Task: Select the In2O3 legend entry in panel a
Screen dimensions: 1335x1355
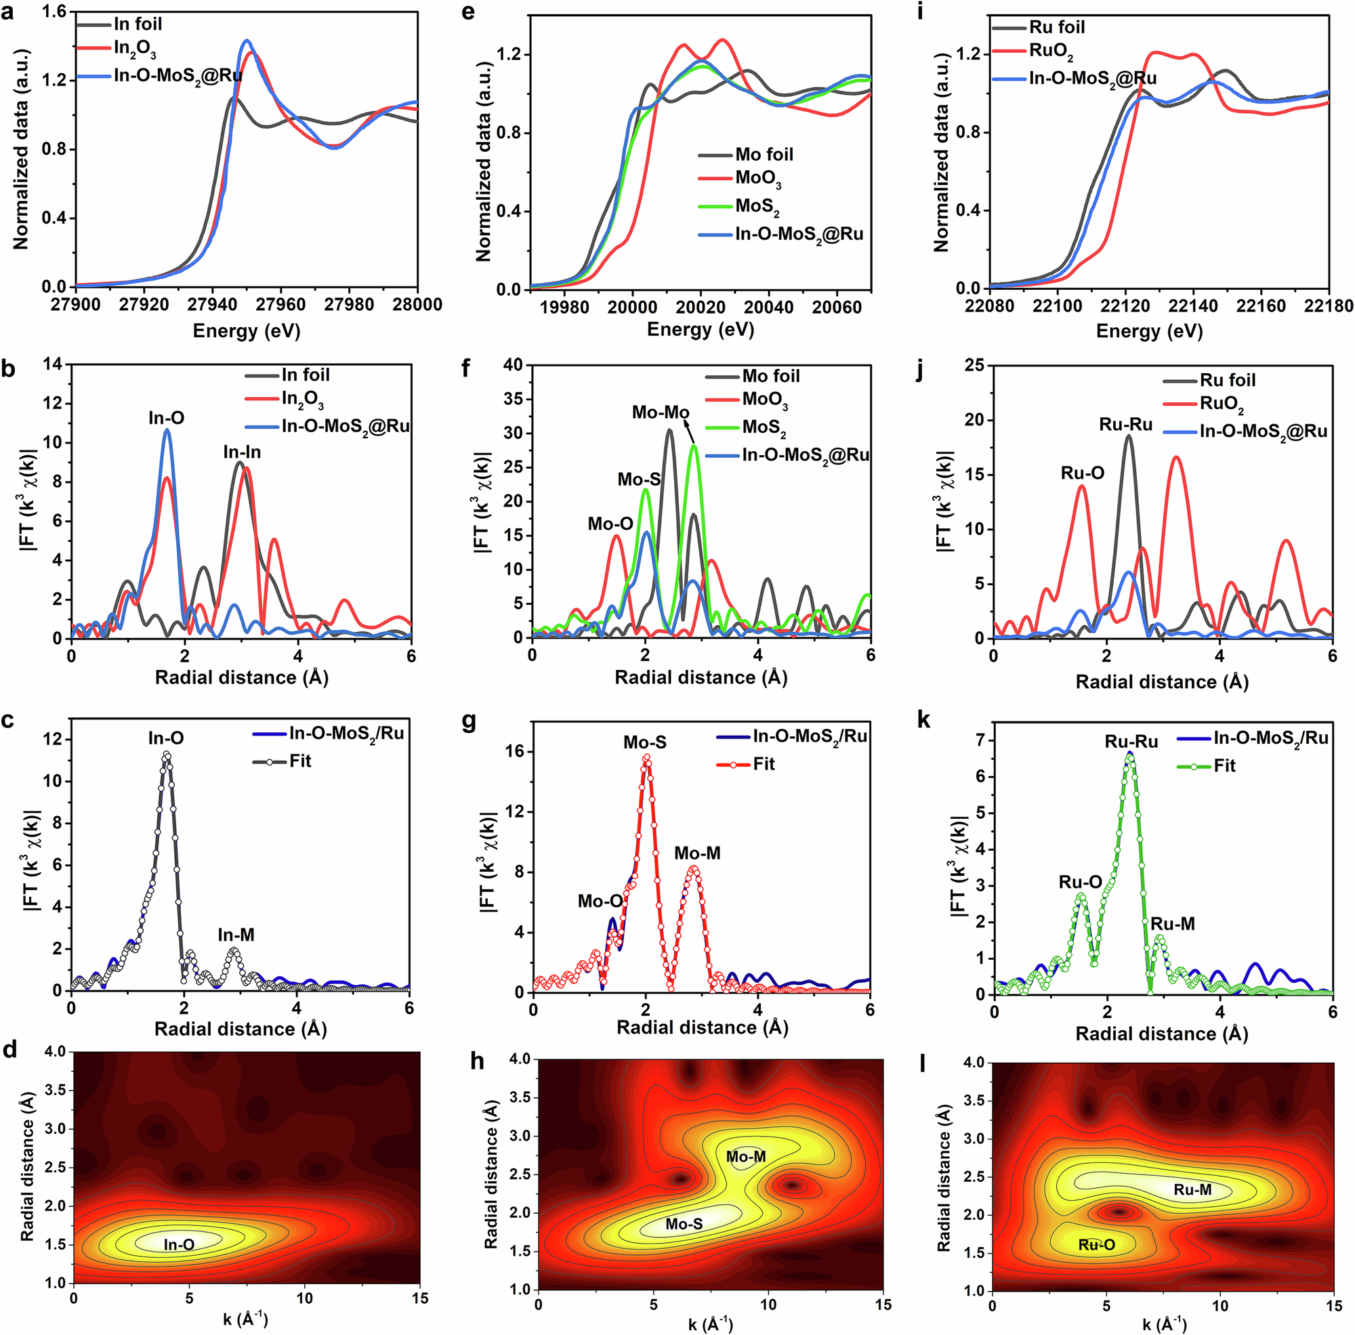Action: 135,49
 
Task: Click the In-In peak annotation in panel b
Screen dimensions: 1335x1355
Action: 242,453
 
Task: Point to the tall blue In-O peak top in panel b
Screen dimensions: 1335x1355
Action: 167,431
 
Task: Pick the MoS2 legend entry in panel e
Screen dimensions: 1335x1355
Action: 757,207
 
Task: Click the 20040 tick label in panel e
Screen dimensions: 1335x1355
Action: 768,307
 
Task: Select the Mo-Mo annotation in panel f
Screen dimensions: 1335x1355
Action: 660,413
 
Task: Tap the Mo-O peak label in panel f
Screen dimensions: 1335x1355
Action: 610,524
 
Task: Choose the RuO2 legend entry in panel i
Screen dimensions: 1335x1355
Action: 1051,52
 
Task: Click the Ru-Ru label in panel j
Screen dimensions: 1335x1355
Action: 1125,425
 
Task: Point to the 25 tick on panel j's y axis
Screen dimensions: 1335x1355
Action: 975,365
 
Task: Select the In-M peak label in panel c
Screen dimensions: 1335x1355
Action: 236,935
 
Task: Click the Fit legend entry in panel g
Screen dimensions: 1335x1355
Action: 764,764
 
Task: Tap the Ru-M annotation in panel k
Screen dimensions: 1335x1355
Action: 1172,924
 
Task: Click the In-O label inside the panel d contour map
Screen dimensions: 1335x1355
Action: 179,1244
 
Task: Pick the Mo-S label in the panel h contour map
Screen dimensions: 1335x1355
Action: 684,1224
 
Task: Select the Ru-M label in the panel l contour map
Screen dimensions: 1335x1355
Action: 1192,1190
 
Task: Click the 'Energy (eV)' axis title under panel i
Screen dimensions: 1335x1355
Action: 1149,331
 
